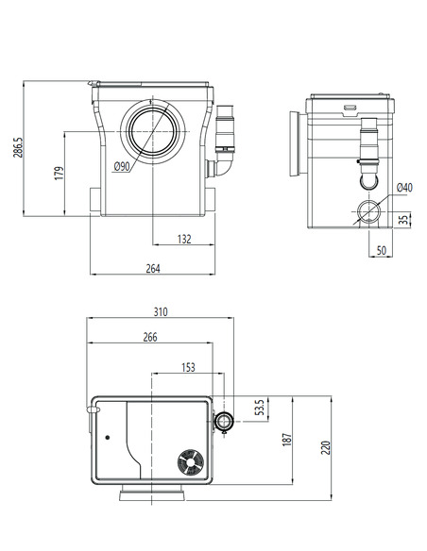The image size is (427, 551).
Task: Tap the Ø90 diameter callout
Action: [121, 167]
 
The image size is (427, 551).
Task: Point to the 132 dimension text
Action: [184, 240]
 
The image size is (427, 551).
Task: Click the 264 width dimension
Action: [153, 269]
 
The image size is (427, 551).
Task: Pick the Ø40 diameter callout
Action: [404, 188]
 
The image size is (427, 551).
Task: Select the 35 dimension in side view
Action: [404, 220]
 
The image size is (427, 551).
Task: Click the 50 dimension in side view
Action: [382, 251]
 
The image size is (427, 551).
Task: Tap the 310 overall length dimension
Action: [160, 311]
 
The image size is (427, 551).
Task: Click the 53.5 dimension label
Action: [262, 408]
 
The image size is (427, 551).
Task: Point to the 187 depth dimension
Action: [288, 440]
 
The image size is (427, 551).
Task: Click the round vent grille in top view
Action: [188, 462]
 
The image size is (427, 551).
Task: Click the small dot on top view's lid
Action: [109, 439]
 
